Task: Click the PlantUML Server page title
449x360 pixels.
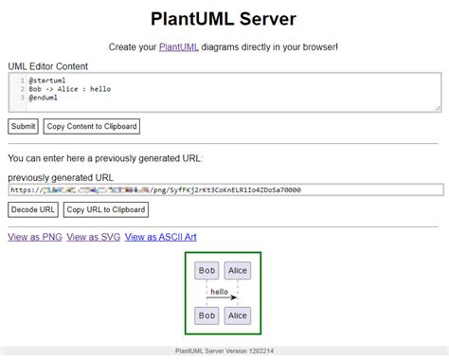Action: coord(224,18)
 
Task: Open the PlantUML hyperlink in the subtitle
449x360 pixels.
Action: coord(179,46)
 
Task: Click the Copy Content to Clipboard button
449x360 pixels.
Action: coord(91,126)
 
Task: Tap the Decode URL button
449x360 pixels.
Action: coord(33,209)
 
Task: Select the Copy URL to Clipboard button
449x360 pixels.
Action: coord(106,209)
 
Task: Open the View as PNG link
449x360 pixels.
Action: coord(33,237)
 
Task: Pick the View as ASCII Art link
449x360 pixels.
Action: coord(160,237)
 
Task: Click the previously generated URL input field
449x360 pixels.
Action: coord(224,189)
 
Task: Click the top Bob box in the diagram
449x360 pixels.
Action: coord(206,271)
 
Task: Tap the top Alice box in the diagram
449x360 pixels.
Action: coord(238,271)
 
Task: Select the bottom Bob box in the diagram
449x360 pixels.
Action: coord(206,315)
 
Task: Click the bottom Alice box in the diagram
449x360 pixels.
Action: coord(238,315)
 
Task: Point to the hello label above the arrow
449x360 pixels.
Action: coord(220,291)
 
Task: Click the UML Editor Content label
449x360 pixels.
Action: coord(47,66)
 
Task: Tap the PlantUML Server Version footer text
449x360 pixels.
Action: coord(224,351)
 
